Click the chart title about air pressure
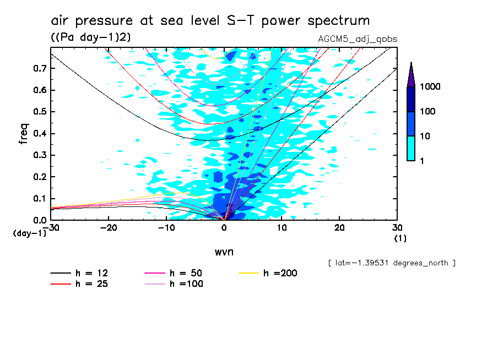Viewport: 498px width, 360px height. (x=210, y=21)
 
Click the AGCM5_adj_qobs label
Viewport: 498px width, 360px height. (x=358, y=39)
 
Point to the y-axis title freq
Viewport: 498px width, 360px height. (x=23, y=134)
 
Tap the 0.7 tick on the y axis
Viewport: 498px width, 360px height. (x=39, y=68)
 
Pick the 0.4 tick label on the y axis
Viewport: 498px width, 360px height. (x=39, y=134)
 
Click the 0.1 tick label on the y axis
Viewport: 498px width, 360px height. (x=39, y=199)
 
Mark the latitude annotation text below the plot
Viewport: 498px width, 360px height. (x=391, y=263)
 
